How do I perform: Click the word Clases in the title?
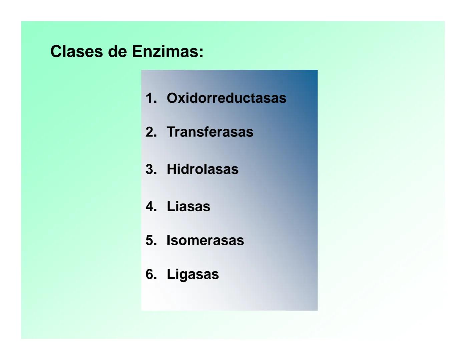tap(76, 52)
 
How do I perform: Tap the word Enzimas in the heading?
tap(165, 52)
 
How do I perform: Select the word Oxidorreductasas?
tap(226, 98)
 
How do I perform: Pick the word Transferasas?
tap(210, 132)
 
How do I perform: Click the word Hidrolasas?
tap(202, 169)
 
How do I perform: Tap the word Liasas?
tap(188, 206)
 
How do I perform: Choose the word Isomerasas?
tap(205, 240)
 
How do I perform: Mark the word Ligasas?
tap(193, 274)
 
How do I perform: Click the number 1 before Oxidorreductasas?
tap(150, 98)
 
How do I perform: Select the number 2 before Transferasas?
tap(150, 132)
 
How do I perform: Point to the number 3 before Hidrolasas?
tap(150, 169)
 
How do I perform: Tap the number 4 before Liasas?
tap(150, 206)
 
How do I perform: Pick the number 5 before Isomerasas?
tap(150, 240)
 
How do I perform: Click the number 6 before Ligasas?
tap(150, 274)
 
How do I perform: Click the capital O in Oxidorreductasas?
tap(172, 98)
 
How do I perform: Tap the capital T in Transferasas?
tap(171, 132)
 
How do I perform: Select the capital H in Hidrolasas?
tap(171, 169)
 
